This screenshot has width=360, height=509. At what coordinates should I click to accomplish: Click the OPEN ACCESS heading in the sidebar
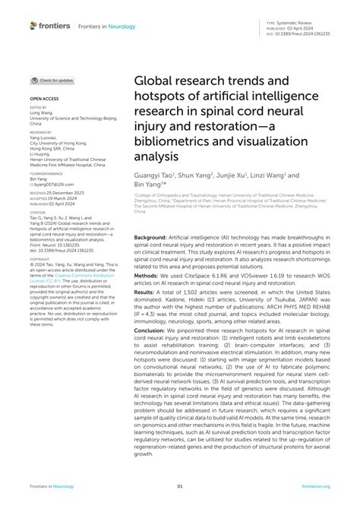[x=43, y=99]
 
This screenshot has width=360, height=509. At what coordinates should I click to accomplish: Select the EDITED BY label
[x=38, y=108]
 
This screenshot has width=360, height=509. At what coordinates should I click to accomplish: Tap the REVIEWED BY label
[x=40, y=132]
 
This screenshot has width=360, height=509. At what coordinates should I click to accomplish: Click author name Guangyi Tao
[x=153, y=174]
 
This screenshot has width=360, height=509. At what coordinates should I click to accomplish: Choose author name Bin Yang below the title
[x=148, y=184]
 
